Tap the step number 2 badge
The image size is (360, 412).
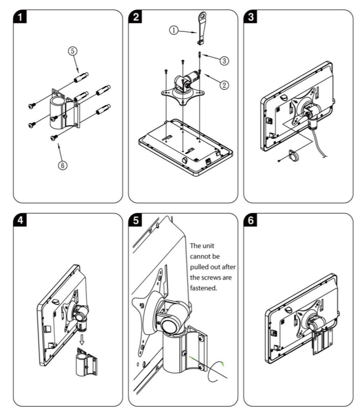(136, 18)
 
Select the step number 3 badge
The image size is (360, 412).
(250, 18)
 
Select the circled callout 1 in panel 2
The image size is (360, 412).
(173, 30)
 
